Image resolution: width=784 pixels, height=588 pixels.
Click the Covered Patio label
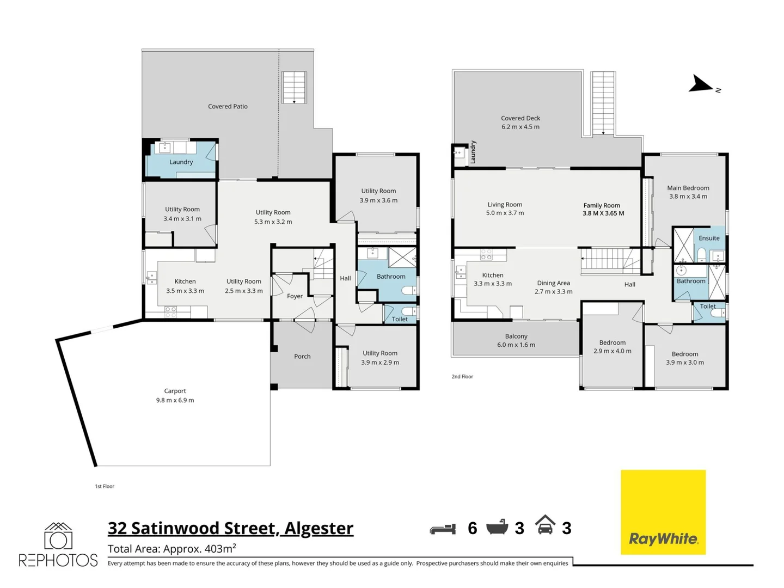[x=228, y=107]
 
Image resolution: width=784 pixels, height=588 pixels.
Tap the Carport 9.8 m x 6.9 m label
[x=175, y=396]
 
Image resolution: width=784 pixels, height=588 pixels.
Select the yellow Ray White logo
[x=663, y=512]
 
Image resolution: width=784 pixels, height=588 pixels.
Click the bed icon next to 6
[x=443, y=529]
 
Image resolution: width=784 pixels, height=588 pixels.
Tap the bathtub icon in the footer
[x=497, y=527]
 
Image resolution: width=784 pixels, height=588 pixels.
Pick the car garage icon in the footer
[x=545, y=525]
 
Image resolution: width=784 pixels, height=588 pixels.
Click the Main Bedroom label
[x=688, y=192]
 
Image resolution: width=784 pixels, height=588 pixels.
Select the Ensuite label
[x=709, y=238]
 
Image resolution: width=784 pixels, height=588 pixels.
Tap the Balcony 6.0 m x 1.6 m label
[x=516, y=341]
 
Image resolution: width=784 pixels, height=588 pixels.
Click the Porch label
[x=302, y=357]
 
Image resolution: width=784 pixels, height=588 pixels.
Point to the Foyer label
[x=295, y=297]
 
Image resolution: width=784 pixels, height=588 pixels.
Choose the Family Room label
[x=603, y=210]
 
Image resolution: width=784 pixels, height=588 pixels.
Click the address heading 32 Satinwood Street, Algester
[x=230, y=529]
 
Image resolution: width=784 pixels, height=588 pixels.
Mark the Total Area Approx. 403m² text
[x=172, y=549]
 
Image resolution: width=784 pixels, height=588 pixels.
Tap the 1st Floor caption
[x=105, y=486]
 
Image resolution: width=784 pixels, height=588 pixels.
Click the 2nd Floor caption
[x=462, y=377]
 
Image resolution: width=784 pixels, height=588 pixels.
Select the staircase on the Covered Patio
[x=294, y=87]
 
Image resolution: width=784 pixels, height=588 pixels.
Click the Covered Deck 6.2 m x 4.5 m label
[x=520, y=122]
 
